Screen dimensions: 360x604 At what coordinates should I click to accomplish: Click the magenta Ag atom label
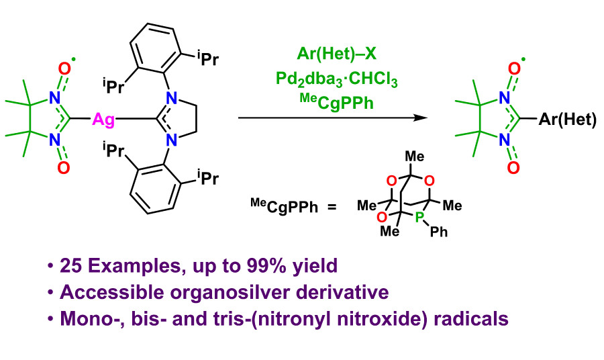pyautogui.click(x=103, y=120)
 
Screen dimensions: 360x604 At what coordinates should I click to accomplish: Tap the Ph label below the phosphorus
pyautogui.click(x=440, y=232)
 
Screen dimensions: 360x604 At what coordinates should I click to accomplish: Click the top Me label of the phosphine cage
pyautogui.click(x=415, y=156)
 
